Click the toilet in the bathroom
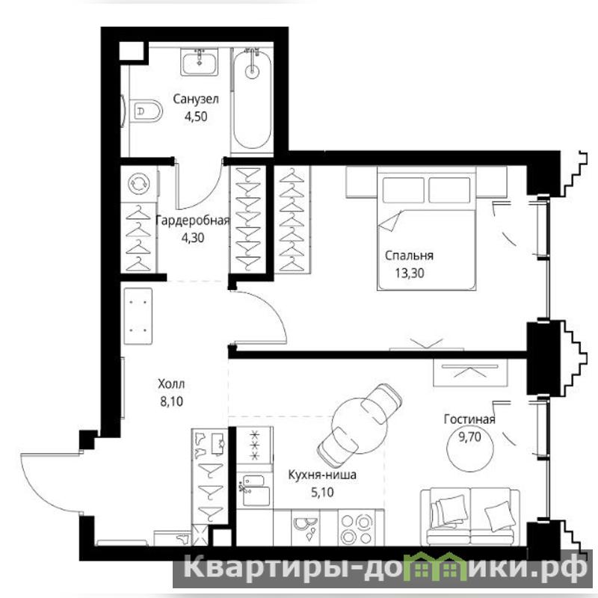146,111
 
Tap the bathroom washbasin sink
200,62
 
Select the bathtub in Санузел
252,100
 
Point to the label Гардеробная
193,221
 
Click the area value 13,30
409,273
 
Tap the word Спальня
409,255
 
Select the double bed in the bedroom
427,228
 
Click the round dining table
360,425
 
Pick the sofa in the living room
470,516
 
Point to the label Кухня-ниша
322,475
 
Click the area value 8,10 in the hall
172,401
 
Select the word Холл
171,383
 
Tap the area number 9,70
469,437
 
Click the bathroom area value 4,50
196,117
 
